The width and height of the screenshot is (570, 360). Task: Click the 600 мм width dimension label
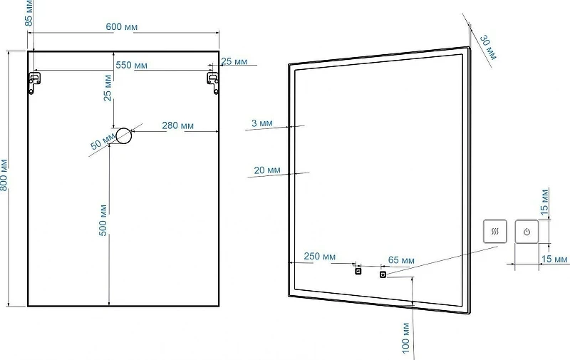pyautogui.click(x=121, y=27)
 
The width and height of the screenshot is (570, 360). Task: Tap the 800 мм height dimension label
pyautogui.click(x=4, y=175)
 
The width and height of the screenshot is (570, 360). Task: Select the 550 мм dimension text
pyautogui.click(x=132, y=65)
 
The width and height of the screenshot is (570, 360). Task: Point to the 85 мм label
pyautogui.click(x=28, y=13)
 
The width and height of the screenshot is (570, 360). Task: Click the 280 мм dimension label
pyautogui.click(x=177, y=125)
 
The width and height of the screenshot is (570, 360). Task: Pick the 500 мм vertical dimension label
pyautogui.click(x=103, y=220)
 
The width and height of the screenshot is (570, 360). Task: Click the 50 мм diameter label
pyautogui.click(x=103, y=141)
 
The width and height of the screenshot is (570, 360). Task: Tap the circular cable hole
pyautogui.click(x=123, y=136)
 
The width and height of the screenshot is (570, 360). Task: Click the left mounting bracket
pyautogui.click(x=34, y=83)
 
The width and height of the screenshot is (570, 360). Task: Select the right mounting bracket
pyautogui.click(x=213, y=83)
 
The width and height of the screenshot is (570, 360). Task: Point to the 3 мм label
pyautogui.click(x=261, y=123)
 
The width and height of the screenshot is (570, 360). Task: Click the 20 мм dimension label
pyautogui.click(x=267, y=170)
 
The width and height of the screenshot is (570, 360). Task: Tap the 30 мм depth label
pyautogui.click(x=488, y=47)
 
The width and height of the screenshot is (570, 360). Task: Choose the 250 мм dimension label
pyautogui.click(x=319, y=257)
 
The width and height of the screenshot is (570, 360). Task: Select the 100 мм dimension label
pyautogui.click(x=406, y=338)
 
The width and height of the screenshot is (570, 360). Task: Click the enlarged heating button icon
pyautogui.click(x=495, y=231)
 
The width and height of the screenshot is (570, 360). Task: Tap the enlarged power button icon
pyautogui.click(x=527, y=231)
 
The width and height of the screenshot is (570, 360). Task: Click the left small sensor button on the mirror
pyautogui.click(x=358, y=271)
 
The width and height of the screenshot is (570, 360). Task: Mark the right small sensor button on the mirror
pyautogui.click(x=383, y=274)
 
